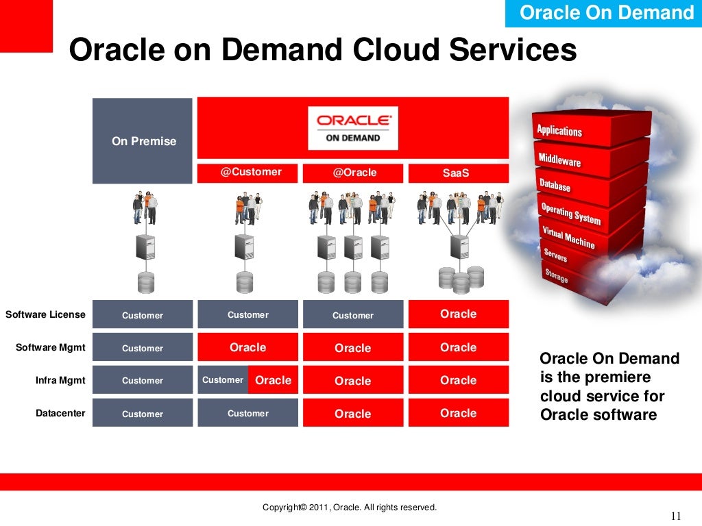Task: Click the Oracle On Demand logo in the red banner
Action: [x=352, y=127]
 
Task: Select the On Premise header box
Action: [x=143, y=141]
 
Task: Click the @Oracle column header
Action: [x=354, y=173]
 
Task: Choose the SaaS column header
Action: [x=457, y=173]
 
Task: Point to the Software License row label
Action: [x=45, y=315]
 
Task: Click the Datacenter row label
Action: [x=60, y=413]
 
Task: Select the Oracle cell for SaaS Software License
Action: [x=458, y=314]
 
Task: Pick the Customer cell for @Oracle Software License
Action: [x=352, y=315]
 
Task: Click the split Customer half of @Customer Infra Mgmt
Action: [x=223, y=380]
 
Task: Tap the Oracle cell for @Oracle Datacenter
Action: [x=352, y=414]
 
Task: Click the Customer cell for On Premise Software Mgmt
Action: [x=143, y=348]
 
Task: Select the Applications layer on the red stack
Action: [x=559, y=130]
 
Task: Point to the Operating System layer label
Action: [x=570, y=214]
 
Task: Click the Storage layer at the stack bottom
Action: [x=556, y=276]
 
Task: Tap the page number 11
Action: [x=676, y=516]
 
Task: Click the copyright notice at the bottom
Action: [x=350, y=508]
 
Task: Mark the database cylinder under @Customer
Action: [x=245, y=282]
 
